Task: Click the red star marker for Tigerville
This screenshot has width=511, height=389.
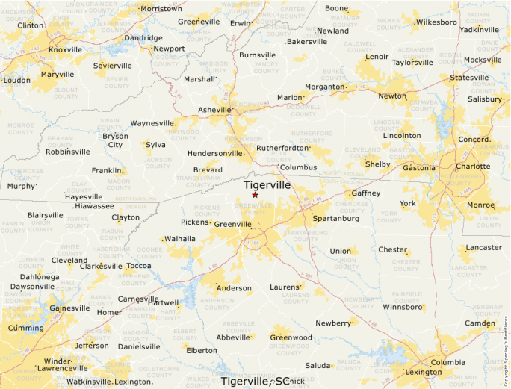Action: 255,195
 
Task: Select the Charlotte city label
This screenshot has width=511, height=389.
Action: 472,167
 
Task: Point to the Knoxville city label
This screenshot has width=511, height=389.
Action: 64,50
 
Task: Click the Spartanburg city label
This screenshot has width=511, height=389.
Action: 335,219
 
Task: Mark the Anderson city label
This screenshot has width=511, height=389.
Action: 233,288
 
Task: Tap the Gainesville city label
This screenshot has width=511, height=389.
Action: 69,308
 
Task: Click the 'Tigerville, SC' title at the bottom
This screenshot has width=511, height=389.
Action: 255,381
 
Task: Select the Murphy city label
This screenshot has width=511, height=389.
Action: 21,186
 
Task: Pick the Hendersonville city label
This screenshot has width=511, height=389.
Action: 216,153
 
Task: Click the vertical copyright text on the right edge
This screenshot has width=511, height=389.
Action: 506,343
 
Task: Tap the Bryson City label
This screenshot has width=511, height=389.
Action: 116,140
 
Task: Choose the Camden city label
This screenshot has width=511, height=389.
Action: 480,323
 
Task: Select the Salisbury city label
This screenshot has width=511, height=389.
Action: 485,99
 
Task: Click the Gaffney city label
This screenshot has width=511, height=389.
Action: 365,193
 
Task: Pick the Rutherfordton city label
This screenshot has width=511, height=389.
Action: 282,148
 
